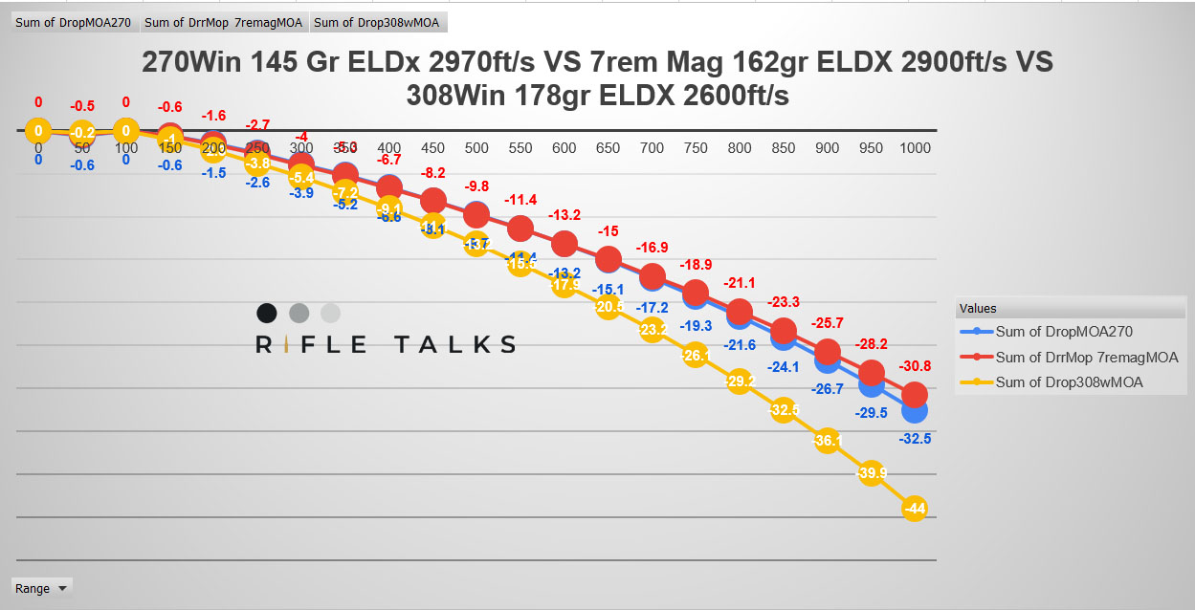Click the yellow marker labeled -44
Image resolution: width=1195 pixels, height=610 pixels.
coord(915,509)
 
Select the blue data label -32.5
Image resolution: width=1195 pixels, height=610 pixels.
coord(915,438)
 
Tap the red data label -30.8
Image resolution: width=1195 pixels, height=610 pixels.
coord(915,366)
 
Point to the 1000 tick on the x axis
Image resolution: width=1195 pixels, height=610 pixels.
coord(915,148)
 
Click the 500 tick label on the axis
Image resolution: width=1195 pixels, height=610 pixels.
coord(476,148)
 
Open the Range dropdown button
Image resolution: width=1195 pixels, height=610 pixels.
coord(41,588)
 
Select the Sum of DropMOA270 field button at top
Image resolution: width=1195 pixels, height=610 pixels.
coord(73,22)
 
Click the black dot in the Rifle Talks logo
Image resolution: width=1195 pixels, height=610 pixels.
coord(267,313)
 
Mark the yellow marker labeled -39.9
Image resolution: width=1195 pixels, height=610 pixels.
coord(871,472)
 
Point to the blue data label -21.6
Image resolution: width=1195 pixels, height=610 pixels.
coord(740,344)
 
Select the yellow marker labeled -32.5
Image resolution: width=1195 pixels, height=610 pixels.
coord(784,410)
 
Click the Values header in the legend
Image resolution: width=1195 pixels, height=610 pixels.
coord(979,308)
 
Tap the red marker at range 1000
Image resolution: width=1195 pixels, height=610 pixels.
coord(915,394)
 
